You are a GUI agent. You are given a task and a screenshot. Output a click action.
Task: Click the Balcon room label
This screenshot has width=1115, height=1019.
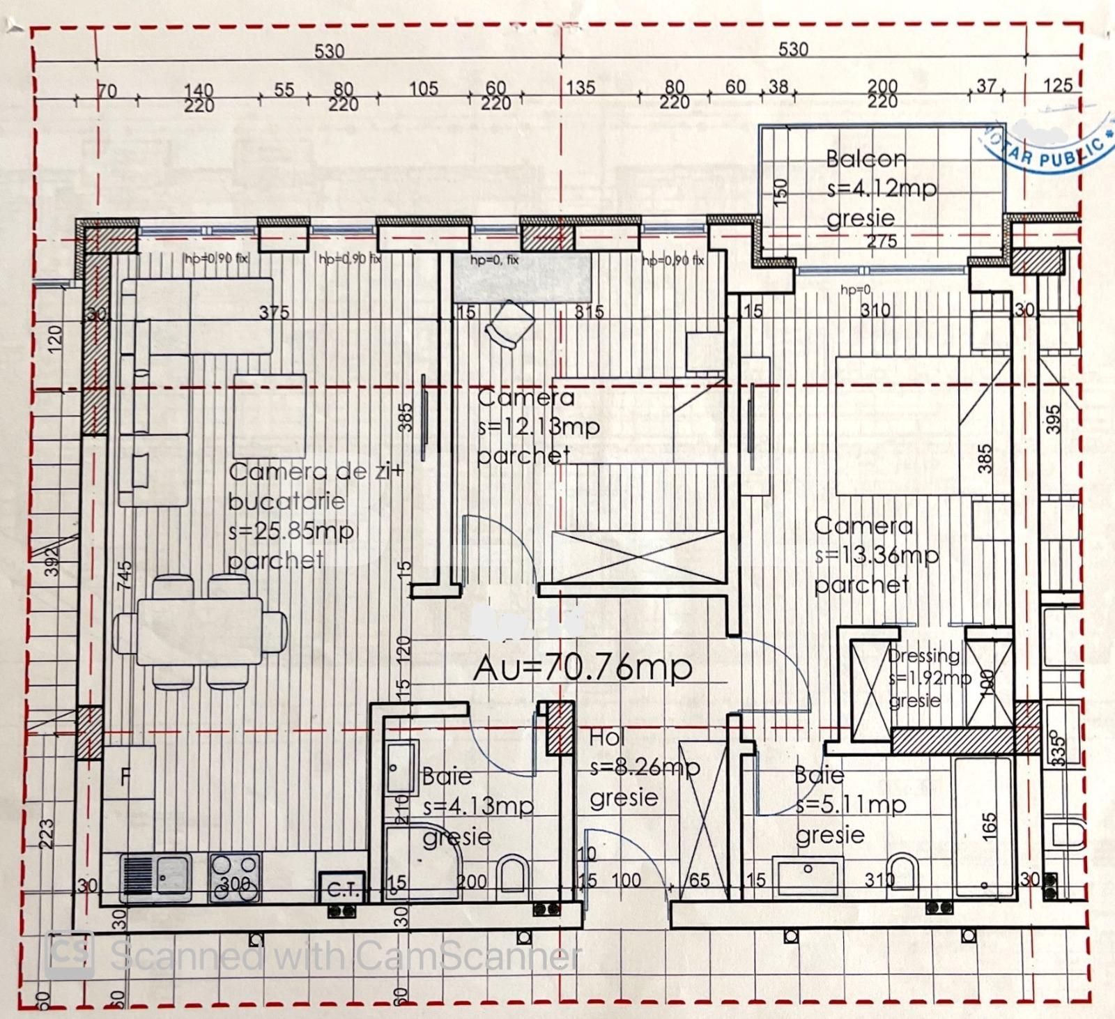pyautogui.click(x=866, y=159)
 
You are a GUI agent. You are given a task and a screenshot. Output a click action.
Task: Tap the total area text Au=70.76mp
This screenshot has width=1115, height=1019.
pyautogui.click(x=583, y=668)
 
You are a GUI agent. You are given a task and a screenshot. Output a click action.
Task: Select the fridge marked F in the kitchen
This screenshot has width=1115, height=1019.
pyautogui.click(x=128, y=774)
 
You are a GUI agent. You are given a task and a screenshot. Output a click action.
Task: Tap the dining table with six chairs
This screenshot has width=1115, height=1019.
pyautogui.click(x=200, y=631)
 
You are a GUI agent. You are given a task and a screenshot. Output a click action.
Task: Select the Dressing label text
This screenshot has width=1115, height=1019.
pyautogui.click(x=923, y=656)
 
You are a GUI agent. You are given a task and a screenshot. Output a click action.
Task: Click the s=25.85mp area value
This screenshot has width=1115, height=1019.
pyautogui.click(x=291, y=531)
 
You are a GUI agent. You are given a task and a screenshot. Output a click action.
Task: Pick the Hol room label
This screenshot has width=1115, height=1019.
pyautogui.click(x=607, y=737)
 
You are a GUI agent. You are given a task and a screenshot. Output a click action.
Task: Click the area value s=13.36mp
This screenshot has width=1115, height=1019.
pyautogui.click(x=877, y=556)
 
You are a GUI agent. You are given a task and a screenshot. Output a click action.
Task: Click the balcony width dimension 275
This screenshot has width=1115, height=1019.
pyautogui.click(x=882, y=242)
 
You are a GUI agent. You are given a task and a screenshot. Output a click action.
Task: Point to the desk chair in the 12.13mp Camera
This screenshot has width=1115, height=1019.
pyautogui.click(x=510, y=323)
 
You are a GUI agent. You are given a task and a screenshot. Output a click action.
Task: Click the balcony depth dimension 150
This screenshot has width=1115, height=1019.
pyautogui.click(x=780, y=192)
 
